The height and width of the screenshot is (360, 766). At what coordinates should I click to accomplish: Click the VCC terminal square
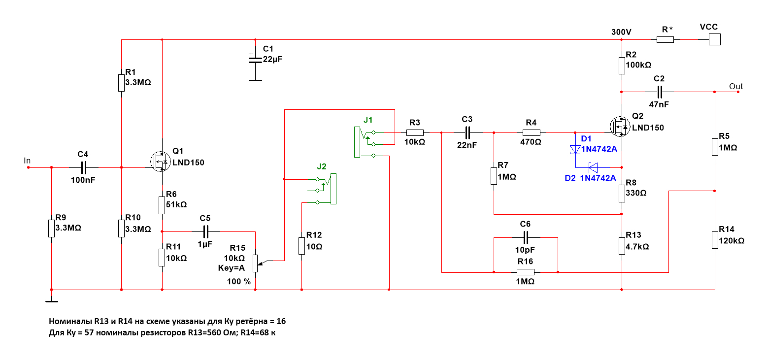714,39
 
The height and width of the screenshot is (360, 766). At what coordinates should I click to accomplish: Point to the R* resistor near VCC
665,39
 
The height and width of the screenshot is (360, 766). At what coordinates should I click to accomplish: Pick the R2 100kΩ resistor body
622,65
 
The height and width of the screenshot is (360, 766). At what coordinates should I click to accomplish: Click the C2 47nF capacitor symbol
659,92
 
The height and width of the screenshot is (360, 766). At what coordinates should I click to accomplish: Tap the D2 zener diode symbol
594,166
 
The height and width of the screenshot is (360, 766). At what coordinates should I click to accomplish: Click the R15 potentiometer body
255,262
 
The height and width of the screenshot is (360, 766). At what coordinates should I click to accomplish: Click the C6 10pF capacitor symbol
526,237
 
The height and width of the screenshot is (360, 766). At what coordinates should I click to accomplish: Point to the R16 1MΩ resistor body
526,272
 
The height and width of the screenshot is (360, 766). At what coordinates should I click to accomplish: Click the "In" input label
27,161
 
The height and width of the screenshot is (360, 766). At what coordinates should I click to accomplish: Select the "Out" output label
736,87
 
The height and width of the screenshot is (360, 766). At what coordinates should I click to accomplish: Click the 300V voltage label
621,32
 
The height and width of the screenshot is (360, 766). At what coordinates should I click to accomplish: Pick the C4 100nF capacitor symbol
82,167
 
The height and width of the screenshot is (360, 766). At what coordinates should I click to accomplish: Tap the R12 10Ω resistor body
301,245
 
